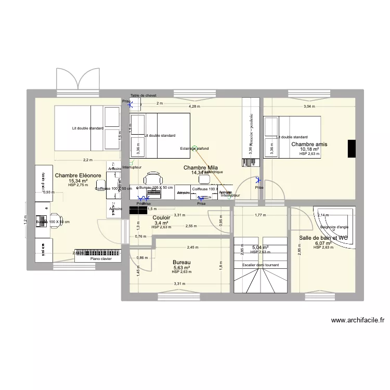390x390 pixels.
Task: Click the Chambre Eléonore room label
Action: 78,176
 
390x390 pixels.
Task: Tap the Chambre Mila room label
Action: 200,167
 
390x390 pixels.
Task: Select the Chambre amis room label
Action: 309,144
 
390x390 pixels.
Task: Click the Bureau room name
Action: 181,263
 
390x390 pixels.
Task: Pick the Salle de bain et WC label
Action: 323,238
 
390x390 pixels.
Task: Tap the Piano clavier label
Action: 101,258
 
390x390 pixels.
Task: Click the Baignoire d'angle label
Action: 334,227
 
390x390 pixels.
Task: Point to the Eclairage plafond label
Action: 194,148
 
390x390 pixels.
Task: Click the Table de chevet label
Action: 144,96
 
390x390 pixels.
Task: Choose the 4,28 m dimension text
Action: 193,106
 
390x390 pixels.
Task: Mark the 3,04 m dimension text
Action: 309,106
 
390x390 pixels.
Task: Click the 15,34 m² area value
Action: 78,181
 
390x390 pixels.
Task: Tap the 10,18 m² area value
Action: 309,149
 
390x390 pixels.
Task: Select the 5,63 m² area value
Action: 181,268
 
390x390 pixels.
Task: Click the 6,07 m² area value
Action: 323,243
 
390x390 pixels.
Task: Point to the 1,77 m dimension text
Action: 260,215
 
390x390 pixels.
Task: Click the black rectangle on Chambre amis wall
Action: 352,148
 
